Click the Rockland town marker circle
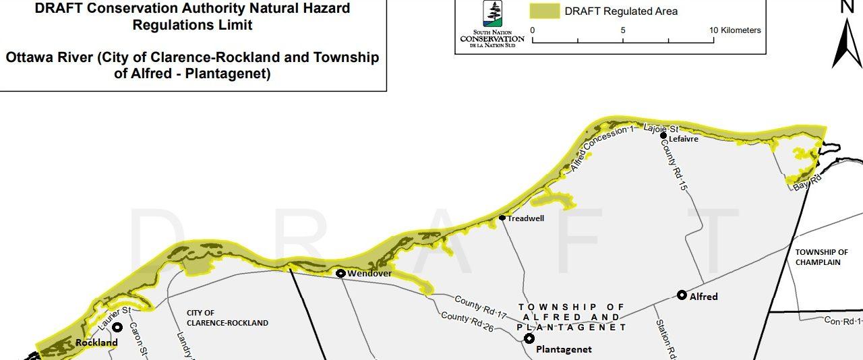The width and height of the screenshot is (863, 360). point(117,328)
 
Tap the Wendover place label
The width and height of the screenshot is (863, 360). point(369,274)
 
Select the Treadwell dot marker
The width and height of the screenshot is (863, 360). point(502,218)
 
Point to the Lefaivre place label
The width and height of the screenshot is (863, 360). point(684,139)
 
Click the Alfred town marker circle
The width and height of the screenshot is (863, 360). point(682,295)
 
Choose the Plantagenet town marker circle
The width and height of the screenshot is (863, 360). point(529,338)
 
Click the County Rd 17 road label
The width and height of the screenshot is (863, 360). point(480,306)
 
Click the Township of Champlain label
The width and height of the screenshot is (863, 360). point(821,257)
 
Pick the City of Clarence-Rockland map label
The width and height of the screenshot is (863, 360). point(227,318)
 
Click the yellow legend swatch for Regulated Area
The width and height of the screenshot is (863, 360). point(545,11)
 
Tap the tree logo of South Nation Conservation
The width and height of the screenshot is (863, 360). point(492,14)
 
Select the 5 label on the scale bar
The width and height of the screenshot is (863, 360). point(623,30)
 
